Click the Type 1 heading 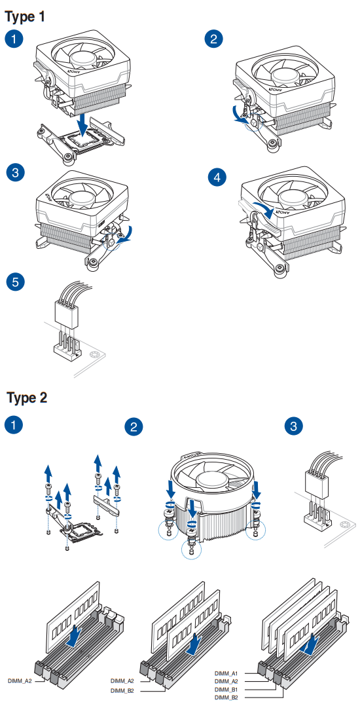coord(25,16)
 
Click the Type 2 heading coord(27,398)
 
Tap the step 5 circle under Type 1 coord(15,282)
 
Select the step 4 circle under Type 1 coord(216,177)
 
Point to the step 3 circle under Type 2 coord(294,426)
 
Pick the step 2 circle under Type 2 coord(134,428)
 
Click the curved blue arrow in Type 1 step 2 coord(242,115)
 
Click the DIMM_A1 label coord(226,673)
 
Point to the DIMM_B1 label coord(226,690)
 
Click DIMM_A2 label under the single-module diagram coord(19,681)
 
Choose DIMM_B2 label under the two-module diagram coord(122,690)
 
